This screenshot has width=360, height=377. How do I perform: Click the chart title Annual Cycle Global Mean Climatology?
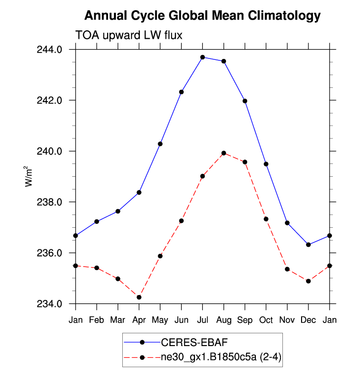click(x=202, y=16)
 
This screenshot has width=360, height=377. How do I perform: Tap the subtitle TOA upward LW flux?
click(x=129, y=35)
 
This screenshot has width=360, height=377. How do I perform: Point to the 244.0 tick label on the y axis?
click(x=52, y=50)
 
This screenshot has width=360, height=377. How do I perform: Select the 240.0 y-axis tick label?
click(x=52, y=151)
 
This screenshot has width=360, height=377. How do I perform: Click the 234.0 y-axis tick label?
click(x=52, y=304)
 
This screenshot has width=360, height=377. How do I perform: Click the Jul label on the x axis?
click(x=202, y=321)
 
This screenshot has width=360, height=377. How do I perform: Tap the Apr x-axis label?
click(x=139, y=321)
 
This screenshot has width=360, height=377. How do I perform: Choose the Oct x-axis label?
click(x=266, y=321)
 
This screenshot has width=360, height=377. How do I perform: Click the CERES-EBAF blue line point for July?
click(x=202, y=57)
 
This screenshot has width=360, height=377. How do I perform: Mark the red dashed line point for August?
click(x=223, y=153)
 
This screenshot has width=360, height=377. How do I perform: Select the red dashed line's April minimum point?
click(x=139, y=297)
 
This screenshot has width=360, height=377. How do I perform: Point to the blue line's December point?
click(x=308, y=244)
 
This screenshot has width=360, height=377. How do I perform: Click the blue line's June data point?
click(x=181, y=92)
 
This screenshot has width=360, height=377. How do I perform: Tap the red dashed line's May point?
click(x=160, y=256)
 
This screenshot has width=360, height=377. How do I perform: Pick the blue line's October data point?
click(x=266, y=164)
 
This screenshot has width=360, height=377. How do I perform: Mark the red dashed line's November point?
click(x=287, y=269)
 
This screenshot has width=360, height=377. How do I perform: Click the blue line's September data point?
click(x=245, y=101)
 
